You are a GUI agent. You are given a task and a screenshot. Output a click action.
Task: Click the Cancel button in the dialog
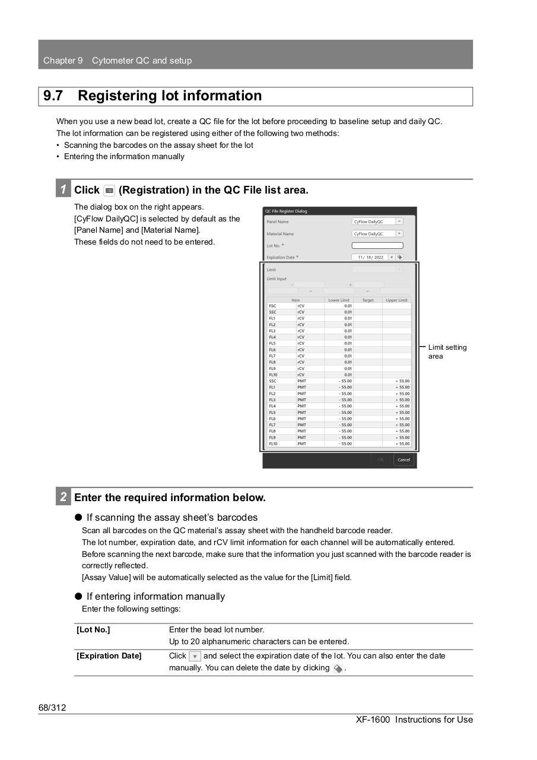[403, 460]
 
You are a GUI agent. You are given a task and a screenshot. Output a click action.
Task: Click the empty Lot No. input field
[377, 245]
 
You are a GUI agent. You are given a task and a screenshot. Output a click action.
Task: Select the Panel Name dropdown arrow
[399, 221]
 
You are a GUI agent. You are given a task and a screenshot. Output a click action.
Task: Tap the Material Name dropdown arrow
[399, 234]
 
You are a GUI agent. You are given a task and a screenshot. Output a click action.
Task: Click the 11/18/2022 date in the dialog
[370, 258]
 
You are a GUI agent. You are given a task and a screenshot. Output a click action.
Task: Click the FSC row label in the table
[272, 306]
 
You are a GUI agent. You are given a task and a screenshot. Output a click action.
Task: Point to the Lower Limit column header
[339, 300]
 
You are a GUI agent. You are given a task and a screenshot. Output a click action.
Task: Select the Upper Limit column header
[396, 300]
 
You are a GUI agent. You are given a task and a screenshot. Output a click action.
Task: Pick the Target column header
[368, 300]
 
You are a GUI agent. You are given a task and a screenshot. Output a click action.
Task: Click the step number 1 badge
[63, 189]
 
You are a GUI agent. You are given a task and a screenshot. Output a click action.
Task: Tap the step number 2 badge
[63, 497]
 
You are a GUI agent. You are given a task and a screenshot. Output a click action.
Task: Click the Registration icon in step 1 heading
[109, 191]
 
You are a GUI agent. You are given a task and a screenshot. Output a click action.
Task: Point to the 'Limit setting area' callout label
[447, 351]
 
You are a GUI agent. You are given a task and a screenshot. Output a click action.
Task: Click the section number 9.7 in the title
[53, 96]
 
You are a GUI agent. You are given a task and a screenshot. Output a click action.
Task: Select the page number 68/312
[52, 707]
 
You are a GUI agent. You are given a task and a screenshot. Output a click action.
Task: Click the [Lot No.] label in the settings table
[93, 630]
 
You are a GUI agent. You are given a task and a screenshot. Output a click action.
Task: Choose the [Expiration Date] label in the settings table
[109, 656]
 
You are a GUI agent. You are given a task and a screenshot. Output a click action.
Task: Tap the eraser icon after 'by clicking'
[338, 669]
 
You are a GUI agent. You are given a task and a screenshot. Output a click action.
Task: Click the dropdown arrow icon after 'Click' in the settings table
[195, 657]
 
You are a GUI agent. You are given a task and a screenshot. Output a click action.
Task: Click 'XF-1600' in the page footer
[373, 720]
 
